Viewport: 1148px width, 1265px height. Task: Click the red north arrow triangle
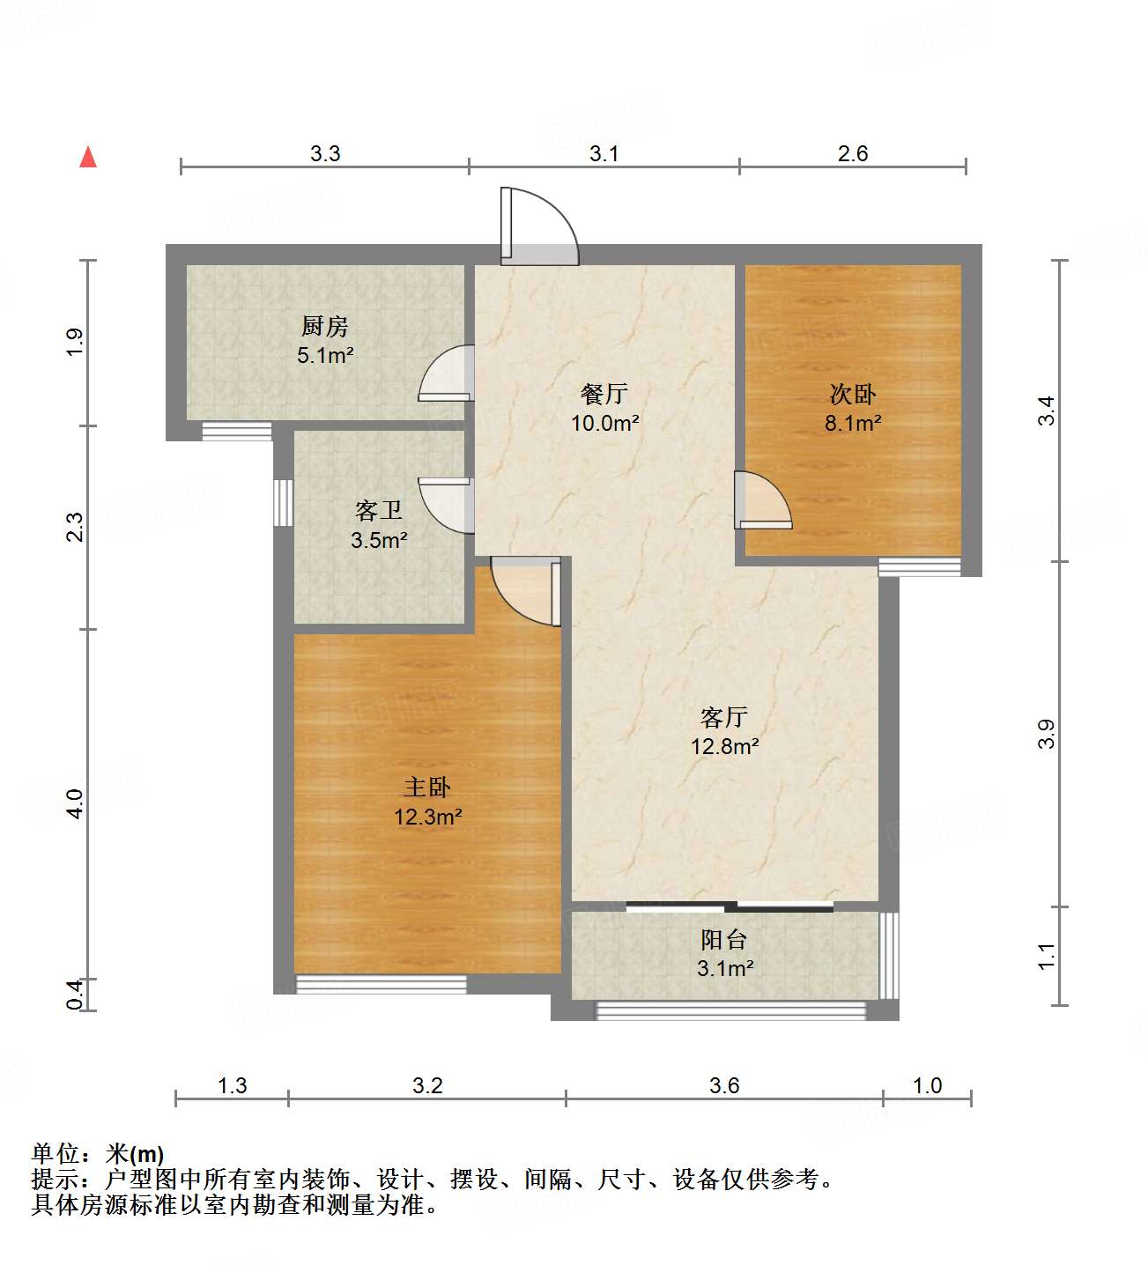click(88, 158)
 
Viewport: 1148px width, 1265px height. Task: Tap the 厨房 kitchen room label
click(324, 327)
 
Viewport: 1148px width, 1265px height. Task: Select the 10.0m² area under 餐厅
click(604, 423)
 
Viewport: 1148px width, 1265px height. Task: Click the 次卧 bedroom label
click(853, 394)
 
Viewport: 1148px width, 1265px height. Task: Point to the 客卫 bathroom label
click(379, 510)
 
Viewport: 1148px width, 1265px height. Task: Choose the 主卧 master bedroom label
click(427, 787)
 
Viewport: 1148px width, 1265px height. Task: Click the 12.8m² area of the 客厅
click(724, 746)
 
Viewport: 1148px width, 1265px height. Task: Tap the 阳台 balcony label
click(724, 940)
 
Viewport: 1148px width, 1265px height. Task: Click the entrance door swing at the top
click(538, 227)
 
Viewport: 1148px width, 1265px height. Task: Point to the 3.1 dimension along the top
click(604, 154)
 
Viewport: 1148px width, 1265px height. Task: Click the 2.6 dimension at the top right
click(853, 154)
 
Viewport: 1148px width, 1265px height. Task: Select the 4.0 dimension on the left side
click(75, 803)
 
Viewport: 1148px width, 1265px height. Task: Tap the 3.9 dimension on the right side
click(1046, 734)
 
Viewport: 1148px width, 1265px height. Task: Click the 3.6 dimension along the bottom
click(724, 1085)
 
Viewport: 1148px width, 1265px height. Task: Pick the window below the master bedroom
click(381, 984)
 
